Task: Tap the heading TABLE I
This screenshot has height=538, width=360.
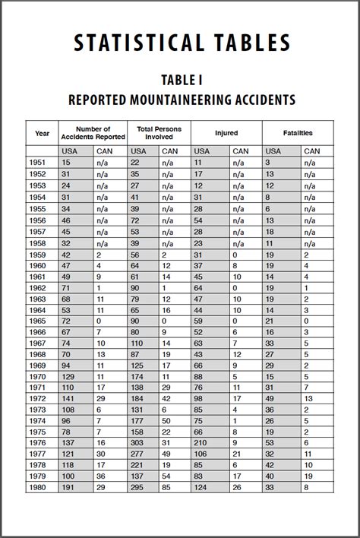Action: [x=180, y=80]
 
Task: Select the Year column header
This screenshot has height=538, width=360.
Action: [x=42, y=133]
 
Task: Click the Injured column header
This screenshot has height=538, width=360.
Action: [x=226, y=133]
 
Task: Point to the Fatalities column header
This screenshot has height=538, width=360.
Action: [x=297, y=133]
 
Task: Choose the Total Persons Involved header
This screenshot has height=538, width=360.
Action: [x=159, y=133]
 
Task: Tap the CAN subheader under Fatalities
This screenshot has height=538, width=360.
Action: [x=312, y=151]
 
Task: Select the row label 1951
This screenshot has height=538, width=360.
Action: [x=38, y=163]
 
